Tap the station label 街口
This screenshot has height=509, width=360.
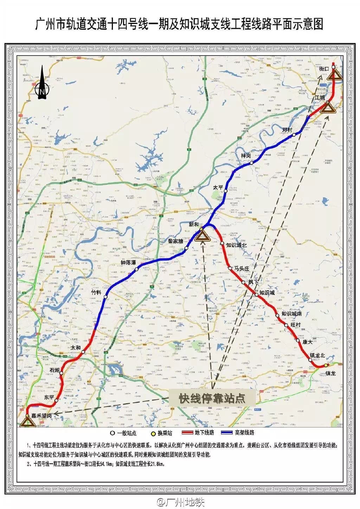(324, 69)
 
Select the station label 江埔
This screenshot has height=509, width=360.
(320, 97)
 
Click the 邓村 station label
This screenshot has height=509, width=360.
(287, 130)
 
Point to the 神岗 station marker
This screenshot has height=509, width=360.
(251, 163)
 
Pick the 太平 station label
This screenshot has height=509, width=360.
(218, 188)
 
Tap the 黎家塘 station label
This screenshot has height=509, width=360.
(175, 241)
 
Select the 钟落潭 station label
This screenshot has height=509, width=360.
(128, 263)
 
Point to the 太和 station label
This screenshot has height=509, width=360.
(76, 348)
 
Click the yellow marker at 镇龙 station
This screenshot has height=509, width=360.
(326, 365)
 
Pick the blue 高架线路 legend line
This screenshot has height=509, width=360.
(228, 432)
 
